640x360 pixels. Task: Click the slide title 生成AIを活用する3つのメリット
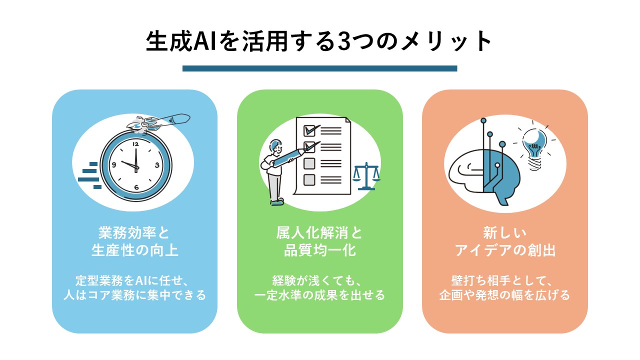[319, 42]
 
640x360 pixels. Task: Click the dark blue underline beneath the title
[319, 68]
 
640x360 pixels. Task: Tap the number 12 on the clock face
[135, 143]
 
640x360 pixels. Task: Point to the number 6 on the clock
[136, 187]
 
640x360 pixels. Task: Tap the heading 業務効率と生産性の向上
[134, 241]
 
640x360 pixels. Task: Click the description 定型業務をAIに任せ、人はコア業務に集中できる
[134, 287]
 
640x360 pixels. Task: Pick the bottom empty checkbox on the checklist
[309, 179]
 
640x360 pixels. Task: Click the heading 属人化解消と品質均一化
[319, 241]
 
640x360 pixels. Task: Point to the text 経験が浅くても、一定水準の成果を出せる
[319, 287]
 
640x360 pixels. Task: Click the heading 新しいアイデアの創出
[505, 241]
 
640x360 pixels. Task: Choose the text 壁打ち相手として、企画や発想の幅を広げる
[505, 287]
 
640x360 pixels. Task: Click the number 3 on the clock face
[157, 164]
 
